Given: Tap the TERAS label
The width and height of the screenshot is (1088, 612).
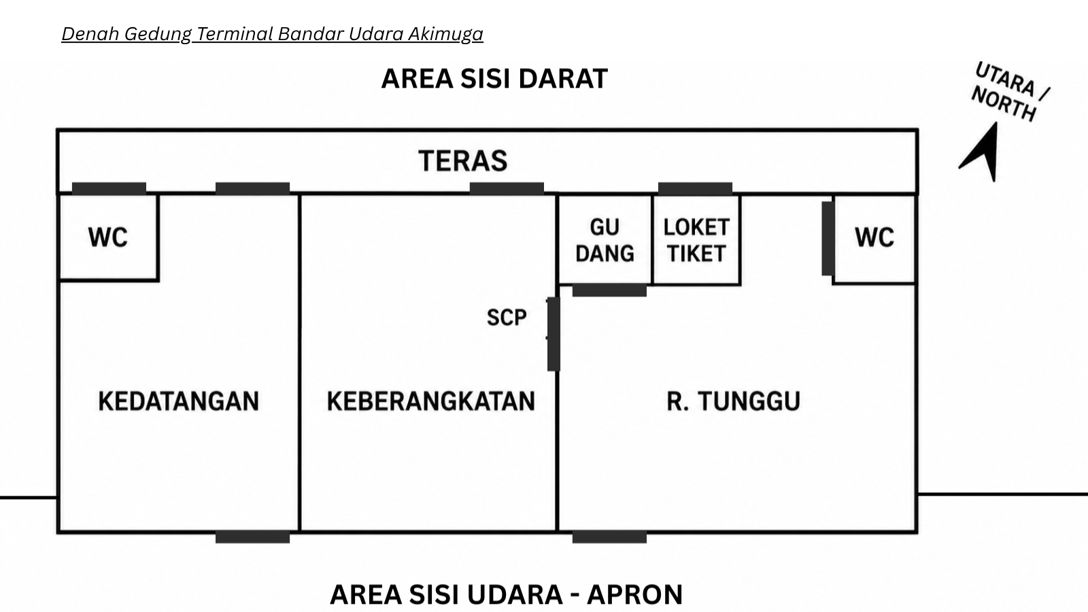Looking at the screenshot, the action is (463, 160).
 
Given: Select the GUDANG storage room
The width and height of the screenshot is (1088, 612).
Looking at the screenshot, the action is (605, 239).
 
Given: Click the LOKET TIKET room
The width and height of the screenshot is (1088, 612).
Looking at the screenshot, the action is (696, 239).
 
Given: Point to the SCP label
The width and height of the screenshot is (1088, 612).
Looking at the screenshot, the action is (507, 318).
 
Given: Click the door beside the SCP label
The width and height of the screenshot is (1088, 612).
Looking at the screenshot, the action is (554, 334).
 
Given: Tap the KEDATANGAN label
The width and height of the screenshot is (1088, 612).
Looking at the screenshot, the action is (179, 401).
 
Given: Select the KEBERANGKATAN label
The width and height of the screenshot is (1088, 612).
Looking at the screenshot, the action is (431, 401).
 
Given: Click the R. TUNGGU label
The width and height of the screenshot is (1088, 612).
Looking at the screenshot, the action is (734, 401).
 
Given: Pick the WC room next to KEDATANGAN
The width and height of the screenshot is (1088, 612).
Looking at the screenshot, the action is (108, 237).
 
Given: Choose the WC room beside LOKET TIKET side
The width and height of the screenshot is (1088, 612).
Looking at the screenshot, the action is (874, 239).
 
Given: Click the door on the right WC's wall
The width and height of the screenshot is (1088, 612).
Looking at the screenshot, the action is (828, 239).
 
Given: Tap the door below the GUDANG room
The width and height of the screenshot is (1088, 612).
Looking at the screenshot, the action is (609, 290).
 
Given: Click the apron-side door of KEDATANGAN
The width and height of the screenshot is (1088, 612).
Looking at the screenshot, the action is (252, 537).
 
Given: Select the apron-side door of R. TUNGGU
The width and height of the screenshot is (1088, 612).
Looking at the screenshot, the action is (609, 537).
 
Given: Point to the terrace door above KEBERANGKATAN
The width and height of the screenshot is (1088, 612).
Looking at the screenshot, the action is (507, 188).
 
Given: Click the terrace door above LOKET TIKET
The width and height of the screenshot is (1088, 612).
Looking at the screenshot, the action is (695, 188).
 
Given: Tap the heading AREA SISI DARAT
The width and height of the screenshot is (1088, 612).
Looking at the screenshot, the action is (494, 79).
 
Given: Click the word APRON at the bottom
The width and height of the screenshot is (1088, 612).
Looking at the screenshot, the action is (635, 594).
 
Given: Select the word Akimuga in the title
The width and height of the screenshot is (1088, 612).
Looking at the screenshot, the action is (445, 34).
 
